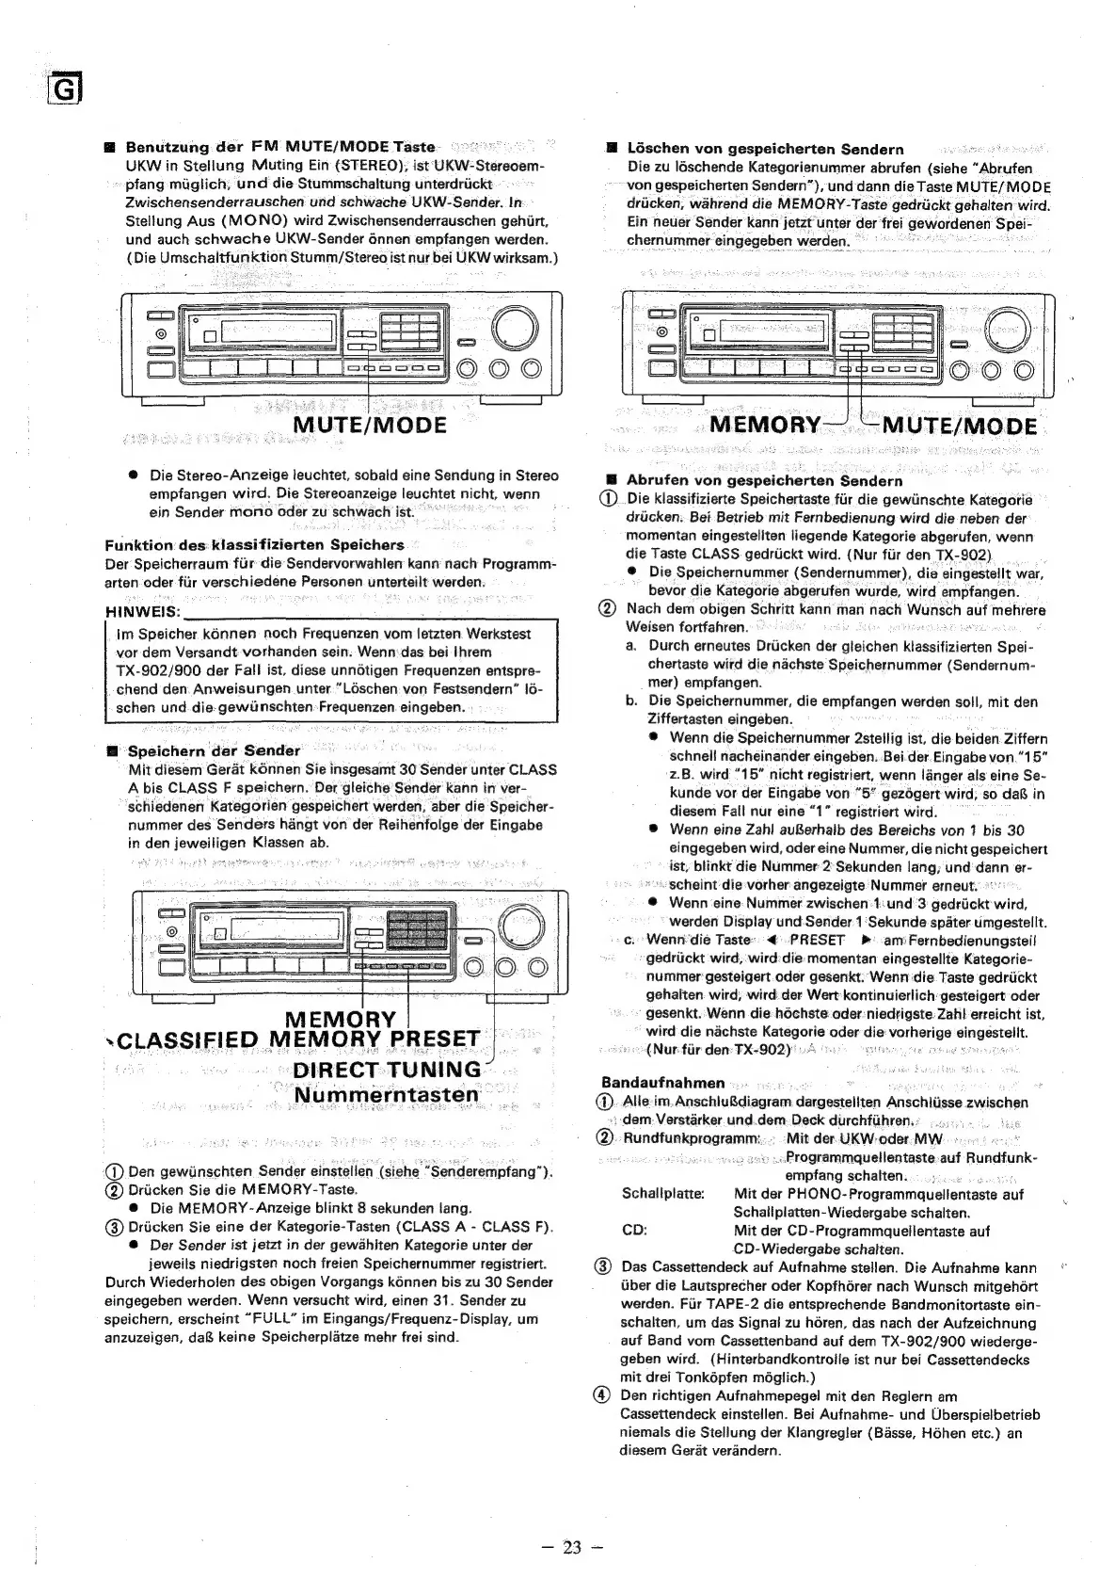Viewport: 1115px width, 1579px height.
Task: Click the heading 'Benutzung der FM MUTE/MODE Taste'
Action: pos(280,147)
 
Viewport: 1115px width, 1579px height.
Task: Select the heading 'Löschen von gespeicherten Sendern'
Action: pos(764,149)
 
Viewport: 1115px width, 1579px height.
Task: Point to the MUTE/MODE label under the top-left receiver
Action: pos(369,425)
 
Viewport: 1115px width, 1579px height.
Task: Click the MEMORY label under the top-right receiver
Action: pos(764,425)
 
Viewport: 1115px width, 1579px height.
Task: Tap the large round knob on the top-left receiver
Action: pos(513,328)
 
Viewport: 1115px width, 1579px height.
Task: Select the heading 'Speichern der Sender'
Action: pos(213,750)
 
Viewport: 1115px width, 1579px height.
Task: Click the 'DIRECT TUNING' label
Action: pos(387,1070)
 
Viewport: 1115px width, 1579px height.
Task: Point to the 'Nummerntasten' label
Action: pos(386,1095)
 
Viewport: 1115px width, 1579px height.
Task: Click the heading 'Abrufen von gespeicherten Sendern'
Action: pos(764,480)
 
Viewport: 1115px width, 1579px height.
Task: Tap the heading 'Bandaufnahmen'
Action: pos(662,1084)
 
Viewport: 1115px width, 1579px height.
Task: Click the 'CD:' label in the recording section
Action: pos(634,1231)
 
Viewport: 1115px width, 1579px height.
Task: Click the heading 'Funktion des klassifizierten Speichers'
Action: pos(254,545)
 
